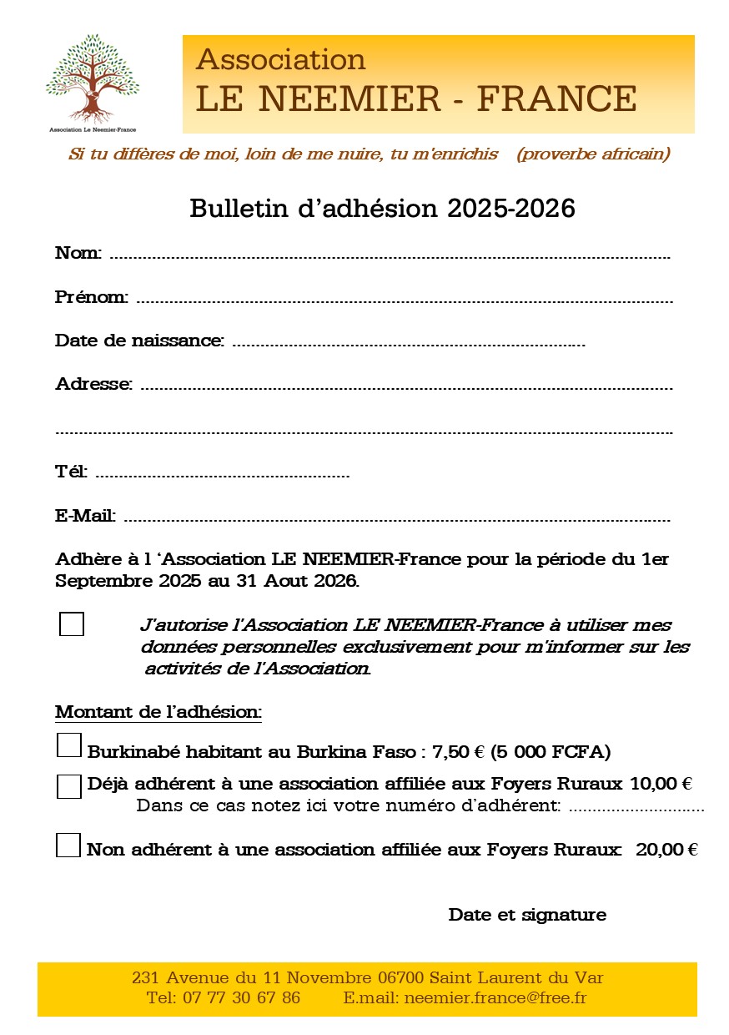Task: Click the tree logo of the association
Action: pyautogui.click(x=92, y=79)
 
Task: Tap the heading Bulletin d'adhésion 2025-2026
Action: pyautogui.click(x=382, y=208)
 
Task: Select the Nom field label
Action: pyautogui.click(x=78, y=252)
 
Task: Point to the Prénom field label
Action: pyautogui.click(x=91, y=296)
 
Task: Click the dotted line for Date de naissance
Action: pyautogui.click(x=408, y=343)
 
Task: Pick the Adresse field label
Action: pyautogui.click(x=93, y=384)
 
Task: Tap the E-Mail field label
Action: pyautogui.click(x=85, y=516)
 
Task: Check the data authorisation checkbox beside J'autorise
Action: pyautogui.click(x=72, y=624)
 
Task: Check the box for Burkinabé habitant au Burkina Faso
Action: pyautogui.click(x=69, y=745)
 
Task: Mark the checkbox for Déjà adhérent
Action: pyautogui.click(x=69, y=786)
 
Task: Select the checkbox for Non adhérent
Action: pyautogui.click(x=68, y=846)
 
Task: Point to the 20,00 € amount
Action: pyautogui.click(x=666, y=850)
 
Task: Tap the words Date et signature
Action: pyautogui.click(x=527, y=914)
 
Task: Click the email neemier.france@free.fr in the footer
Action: pyautogui.click(x=495, y=997)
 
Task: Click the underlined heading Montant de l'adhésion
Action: pyautogui.click(x=158, y=712)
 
